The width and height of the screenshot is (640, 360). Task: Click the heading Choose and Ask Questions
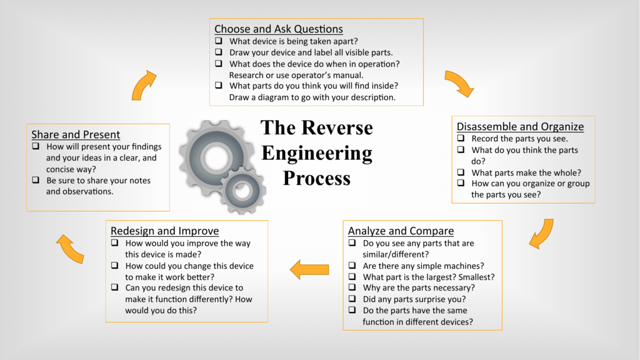coord(278,29)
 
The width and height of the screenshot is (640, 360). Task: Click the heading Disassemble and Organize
coord(520,126)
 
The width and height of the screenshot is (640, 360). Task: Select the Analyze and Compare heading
coord(401,231)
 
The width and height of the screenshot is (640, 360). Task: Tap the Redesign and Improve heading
coord(164,231)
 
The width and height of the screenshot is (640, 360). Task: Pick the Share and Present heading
coord(76,134)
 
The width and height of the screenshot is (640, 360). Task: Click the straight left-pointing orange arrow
coord(309,269)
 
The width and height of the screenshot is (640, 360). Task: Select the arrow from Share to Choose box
coord(143,86)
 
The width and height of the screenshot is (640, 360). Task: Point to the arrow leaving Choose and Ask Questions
coord(459,83)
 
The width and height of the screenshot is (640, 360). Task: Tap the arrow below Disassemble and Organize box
coord(541,233)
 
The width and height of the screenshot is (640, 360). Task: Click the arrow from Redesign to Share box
coord(70,248)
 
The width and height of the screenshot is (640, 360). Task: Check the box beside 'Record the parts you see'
coord(461,138)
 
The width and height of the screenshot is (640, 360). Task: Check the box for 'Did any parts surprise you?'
coord(352,299)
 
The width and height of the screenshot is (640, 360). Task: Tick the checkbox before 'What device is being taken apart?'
coord(219,41)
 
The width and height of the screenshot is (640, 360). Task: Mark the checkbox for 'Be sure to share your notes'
coord(36,181)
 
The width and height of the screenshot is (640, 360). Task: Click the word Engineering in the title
coord(316,152)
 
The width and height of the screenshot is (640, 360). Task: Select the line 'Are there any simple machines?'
coord(423,266)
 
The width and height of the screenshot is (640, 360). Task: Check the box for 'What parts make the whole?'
coord(461,172)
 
